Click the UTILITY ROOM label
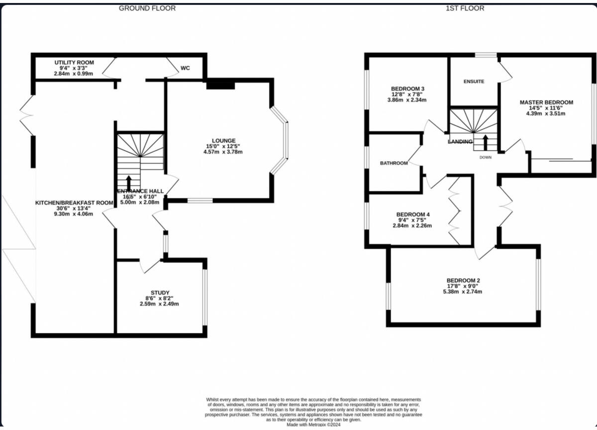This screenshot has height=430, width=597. coord(74,62)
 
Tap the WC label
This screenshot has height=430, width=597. coord(185,68)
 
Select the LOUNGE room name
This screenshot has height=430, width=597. coord(223,140)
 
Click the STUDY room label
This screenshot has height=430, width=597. coord(160,293)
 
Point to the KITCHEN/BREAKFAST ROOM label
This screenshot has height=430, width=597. coord(75,203)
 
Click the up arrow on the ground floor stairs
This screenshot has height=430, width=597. coord(129,181)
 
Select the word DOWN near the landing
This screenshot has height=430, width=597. coord(486,157)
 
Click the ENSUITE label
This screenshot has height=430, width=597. coord(474,82)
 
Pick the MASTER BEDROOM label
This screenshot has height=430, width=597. coord(546,103)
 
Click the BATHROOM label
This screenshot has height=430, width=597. coord(394,163)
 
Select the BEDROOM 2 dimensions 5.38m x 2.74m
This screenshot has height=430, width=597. coord(463,292)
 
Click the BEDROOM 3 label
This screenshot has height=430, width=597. coord(407,89)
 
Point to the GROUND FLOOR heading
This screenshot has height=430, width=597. coord(147,8)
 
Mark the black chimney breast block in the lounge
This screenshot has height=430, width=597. coord(220,85)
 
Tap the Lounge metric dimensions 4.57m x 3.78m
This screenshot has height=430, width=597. coord(223,152)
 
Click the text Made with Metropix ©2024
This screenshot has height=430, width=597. coord(314,425)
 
